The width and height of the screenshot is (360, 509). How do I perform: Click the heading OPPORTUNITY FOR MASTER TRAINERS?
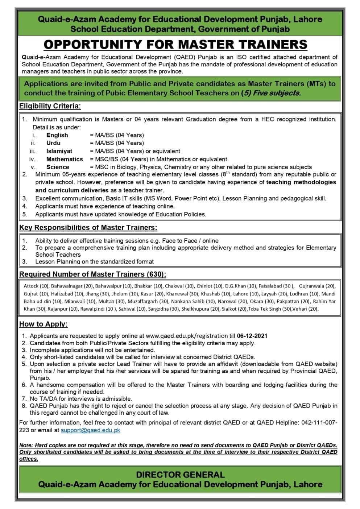coord(175,45)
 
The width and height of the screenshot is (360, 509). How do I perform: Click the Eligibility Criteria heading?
coord(50,106)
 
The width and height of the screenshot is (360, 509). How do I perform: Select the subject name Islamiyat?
coord(59,151)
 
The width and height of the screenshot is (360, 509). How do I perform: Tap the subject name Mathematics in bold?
coord(65,159)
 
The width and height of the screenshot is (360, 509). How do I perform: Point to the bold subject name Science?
coord(58,167)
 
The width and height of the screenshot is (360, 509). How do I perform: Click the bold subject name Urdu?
coord(53,143)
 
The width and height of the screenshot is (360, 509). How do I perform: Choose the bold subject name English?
coord(57,135)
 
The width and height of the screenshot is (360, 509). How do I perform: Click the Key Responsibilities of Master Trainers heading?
coord(88,228)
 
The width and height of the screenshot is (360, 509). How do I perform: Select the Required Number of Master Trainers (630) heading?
coord(92,274)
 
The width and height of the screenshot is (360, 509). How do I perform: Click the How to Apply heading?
coord(43,324)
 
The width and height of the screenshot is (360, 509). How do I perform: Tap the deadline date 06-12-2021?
coord(252,336)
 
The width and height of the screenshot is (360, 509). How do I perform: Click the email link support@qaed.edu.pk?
coord(90,430)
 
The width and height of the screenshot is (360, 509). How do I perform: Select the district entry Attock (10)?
coord(36,286)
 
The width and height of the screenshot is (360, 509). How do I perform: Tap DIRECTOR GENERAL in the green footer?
coord(180,475)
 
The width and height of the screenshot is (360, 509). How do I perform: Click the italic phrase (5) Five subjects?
coord(271,93)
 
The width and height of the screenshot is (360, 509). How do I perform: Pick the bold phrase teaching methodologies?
coord(301,182)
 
